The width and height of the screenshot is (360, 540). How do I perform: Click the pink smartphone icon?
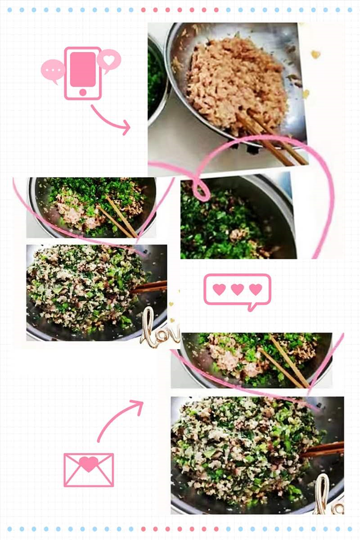point(83,73)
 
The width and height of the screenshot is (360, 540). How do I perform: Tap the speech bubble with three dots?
point(53,71)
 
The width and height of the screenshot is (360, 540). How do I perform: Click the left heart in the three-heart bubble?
point(219,290)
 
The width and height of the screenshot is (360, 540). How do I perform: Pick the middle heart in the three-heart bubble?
point(237,290)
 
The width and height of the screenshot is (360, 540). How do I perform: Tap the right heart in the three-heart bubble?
point(256,290)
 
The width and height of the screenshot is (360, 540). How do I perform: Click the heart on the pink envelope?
point(88,464)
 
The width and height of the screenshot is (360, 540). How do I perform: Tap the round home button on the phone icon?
point(83,92)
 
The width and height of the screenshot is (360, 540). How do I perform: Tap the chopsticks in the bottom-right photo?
point(323,449)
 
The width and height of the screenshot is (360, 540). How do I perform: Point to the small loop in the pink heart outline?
point(199,188)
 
